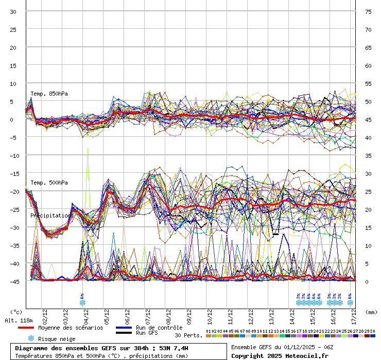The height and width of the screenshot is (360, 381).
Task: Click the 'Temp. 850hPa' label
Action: (x=49, y=94)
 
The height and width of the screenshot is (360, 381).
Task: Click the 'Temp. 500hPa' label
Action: (x=49, y=183)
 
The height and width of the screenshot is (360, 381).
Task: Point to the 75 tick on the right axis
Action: (x=368, y=12)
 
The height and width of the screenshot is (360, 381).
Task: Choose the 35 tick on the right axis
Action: (x=368, y=156)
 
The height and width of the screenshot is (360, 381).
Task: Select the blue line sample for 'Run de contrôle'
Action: (x=124, y=328)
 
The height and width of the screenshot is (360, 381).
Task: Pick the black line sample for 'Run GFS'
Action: (x=124, y=333)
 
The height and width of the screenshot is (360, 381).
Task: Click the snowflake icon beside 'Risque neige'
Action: (x=31, y=338)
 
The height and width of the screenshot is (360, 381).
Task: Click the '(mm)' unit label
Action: (x=371, y=312)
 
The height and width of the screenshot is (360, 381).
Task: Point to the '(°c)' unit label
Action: (x=16, y=312)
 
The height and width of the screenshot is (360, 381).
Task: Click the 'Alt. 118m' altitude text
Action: (x=19, y=320)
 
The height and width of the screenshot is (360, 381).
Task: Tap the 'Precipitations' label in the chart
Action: (x=51, y=215)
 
